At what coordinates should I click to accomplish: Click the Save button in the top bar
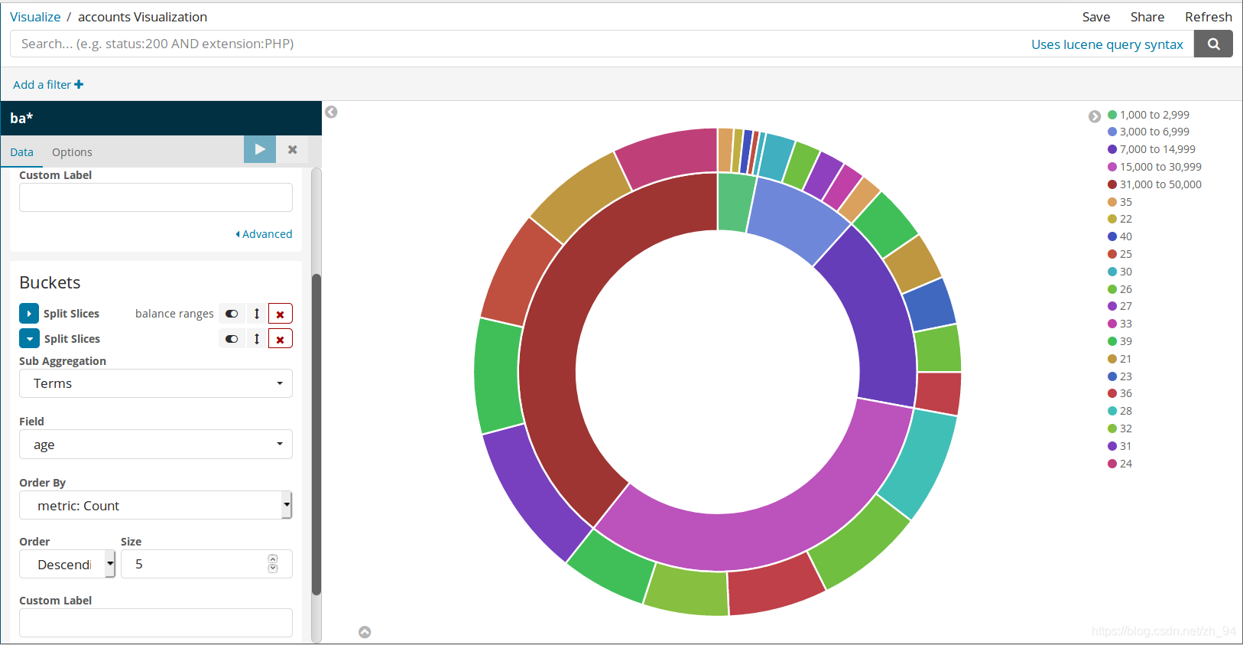coord(1096,18)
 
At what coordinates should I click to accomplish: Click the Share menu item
coord(1147,18)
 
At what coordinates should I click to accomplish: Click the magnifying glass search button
coord(1214,44)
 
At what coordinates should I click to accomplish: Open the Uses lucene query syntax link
coord(1107,44)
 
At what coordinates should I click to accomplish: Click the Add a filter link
coord(48,84)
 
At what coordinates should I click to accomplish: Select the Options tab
coord(72,152)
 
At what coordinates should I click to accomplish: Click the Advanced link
coord(265,234)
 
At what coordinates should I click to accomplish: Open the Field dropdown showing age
coord(156,445)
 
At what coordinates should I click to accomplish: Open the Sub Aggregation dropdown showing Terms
coord(156,383)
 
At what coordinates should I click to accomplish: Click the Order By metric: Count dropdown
coord(156,506)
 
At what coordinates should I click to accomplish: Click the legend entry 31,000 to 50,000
coord(1154,184)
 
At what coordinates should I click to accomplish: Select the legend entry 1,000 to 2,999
coord(1148,115)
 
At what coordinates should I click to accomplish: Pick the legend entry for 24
coord(1120,464)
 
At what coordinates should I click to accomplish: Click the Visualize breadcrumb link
coord(35,18)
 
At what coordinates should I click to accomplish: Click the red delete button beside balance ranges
coord(281,314)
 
